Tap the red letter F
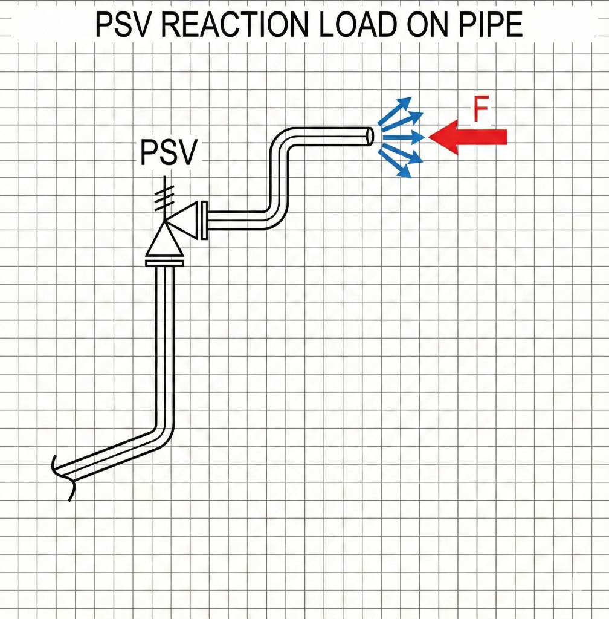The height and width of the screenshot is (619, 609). click(480, 112)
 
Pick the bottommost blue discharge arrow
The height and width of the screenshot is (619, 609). click(398, 169)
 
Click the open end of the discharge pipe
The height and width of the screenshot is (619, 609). click(369, 136)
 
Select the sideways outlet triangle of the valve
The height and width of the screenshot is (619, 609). click(184, 219)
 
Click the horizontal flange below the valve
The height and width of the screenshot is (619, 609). click(164, 262)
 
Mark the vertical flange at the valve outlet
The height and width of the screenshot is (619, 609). click(204, 219)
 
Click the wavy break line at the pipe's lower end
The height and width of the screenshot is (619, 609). click(63, 478)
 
